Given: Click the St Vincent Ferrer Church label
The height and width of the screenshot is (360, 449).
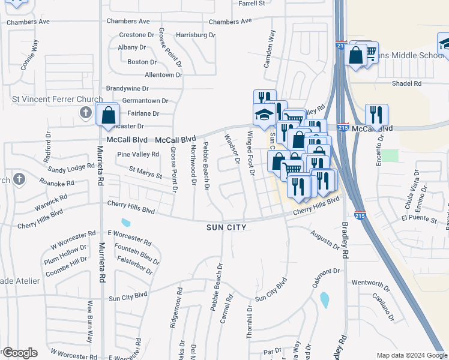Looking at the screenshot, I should pos(57,98).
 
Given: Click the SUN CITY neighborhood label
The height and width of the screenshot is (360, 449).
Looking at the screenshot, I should pos(227,228).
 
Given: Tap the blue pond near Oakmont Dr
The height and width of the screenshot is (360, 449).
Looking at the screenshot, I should pos(325,299).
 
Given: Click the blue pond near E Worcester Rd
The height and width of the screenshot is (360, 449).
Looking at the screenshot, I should pos(125,223).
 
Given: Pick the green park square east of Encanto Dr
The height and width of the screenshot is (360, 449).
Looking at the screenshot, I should pos(391,156).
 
